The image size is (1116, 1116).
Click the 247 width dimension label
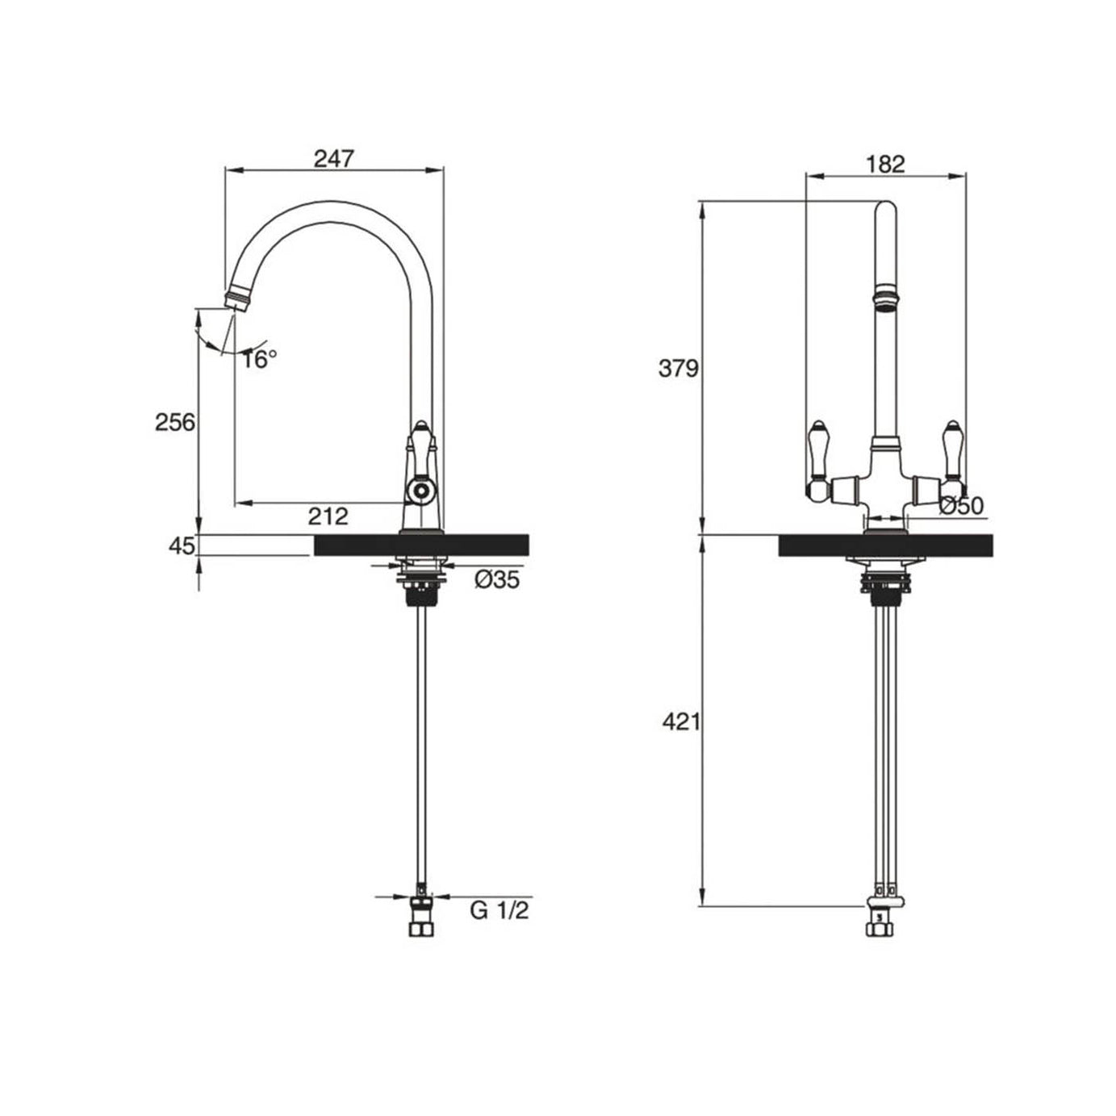click(333, 158)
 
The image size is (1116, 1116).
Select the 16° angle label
click(260, 359)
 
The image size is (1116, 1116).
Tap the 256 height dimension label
click(175, 422)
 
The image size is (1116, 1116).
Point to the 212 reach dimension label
click(328, 516)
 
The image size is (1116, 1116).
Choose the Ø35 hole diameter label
click(496, 579)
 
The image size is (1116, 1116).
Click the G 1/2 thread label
click(499, 911)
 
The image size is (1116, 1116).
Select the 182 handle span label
click(885, 164)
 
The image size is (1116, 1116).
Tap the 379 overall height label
click(678, 369)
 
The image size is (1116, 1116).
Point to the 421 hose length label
click(680, 721)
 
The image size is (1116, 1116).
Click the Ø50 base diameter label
click(961, 506)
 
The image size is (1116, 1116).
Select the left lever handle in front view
click(817, 457)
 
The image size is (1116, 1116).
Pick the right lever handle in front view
click(953, 457)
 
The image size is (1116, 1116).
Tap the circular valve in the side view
click(420, 489)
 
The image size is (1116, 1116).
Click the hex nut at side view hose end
click(421, 927)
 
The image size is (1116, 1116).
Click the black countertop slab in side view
click(420, 545)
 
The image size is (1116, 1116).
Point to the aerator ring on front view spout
click(885, 294)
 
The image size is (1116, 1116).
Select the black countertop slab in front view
click(885, 545)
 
